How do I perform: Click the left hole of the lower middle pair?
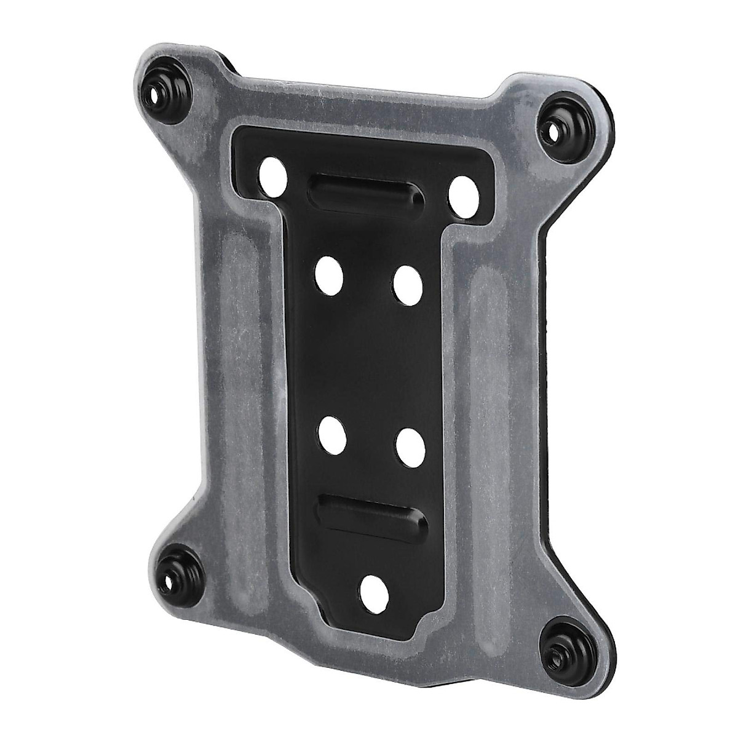point(333,434)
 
